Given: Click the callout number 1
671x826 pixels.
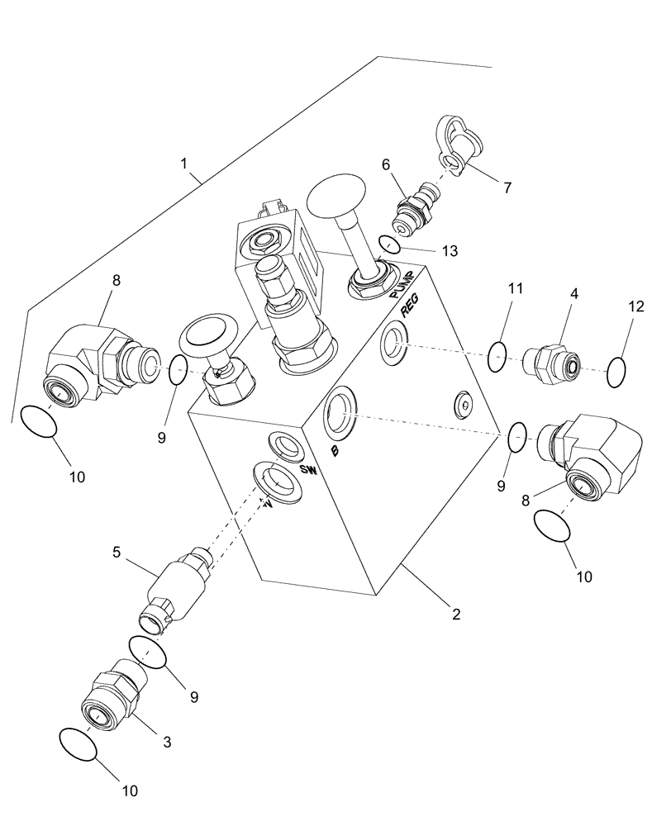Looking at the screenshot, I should click(x=184, y=164).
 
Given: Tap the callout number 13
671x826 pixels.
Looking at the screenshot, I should click(x=448, y=250).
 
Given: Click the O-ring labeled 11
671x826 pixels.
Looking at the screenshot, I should click(x=496, y=357).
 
